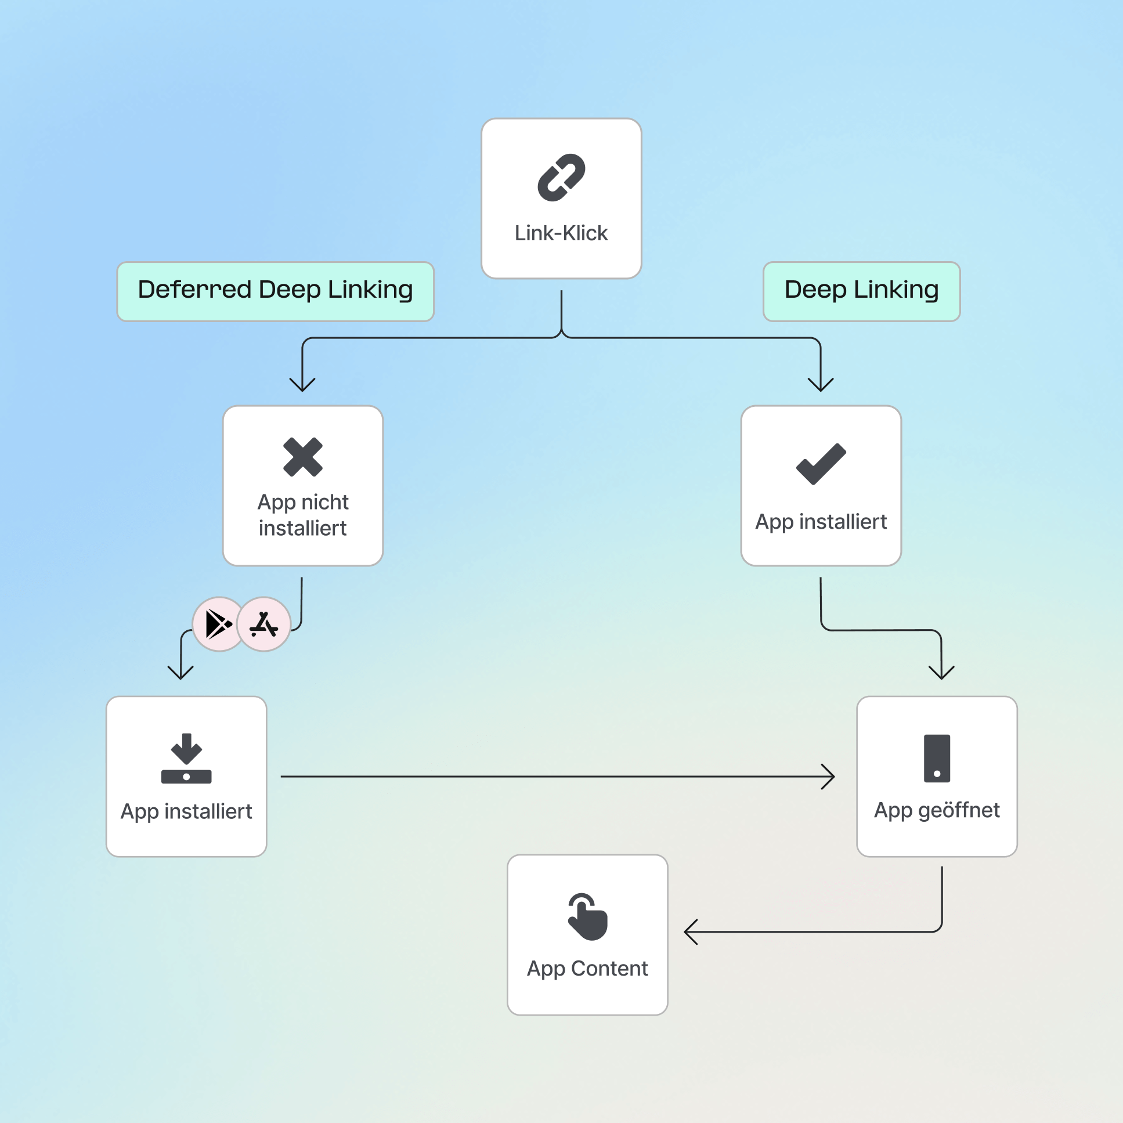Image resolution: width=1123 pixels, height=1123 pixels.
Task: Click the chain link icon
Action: coord(561,177)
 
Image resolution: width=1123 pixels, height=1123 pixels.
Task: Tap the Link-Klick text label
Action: coord(561,233)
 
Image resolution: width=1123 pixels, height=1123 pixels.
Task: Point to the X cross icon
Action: coord(303,457)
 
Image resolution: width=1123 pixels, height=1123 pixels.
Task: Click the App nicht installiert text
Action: coord(303,515)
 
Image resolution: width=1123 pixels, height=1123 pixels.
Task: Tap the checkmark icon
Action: coord(821,463)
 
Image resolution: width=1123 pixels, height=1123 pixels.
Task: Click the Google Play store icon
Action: coord(219,624)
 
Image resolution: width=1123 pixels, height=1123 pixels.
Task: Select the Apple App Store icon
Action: coord(264,624)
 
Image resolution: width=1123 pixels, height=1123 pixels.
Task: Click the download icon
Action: coord(186,759)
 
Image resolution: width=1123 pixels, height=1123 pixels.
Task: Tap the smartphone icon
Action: coord(937,759)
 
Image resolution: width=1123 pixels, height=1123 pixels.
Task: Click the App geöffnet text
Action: coord(937,810)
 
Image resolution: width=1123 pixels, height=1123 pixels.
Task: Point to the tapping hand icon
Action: coord(587,916)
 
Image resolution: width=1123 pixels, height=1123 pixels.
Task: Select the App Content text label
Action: coord(587,969)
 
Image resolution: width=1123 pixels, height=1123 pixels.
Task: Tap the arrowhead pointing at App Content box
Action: coord(690,932)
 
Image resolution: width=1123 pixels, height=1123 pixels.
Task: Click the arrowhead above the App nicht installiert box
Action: coord(302,385)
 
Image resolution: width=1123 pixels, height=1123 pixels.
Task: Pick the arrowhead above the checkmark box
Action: coord(821,385)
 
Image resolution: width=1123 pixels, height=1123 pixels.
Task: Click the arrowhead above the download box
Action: coord(180,673)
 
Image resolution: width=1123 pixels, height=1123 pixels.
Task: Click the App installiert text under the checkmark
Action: coord(821,522)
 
